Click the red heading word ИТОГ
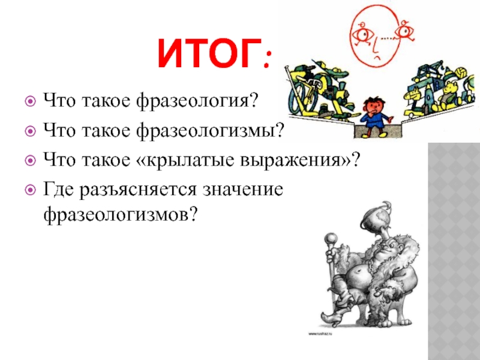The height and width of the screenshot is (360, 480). pyautogui.click(x=209, y=53)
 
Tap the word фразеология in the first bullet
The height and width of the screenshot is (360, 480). pyautogui.click(x=196, y=101)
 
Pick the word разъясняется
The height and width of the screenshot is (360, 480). pyautogui.click(x=138, y=190)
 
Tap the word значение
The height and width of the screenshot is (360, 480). pyautogui.click(x=242, y=189)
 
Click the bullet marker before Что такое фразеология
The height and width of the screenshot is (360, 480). pyautogui.click(x=30, y=101)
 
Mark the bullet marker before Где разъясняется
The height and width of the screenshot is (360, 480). pyautogui.click(x=30, y=190)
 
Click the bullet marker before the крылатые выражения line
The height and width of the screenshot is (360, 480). pyautogui.click(x=30, y=160)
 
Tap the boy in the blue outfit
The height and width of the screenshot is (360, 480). pyautogui.click(x=373, y=116)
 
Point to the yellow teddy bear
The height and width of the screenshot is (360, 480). pyautogui.click(x=451, y=95)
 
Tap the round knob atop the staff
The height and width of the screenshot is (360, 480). pyautogui.click(x=331, y=238)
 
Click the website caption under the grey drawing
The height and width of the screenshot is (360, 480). pyautogui.click(x=320, y=334)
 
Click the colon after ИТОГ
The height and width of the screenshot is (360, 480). pyautogui.click(x=267, y=59)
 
